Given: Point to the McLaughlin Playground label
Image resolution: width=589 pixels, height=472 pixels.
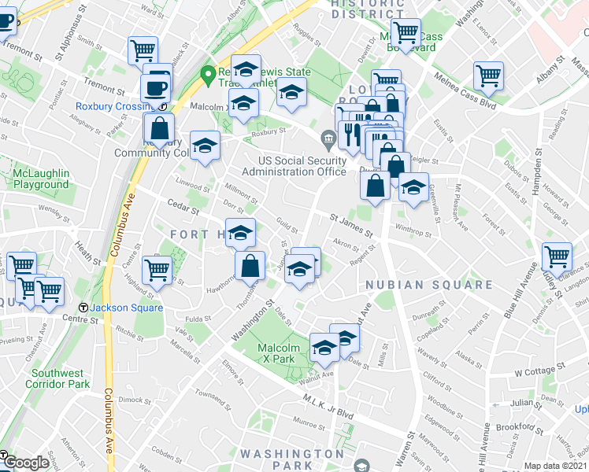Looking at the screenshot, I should pyautogui.click(x=41, y=179).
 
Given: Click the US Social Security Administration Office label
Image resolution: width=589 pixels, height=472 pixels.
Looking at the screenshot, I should pyautogui.click(x=294, y=166).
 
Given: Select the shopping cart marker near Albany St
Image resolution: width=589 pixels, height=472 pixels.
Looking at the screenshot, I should pyautogui.click(x=488, y=77).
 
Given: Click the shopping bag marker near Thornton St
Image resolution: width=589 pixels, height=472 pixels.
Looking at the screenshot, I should pyautogui.click(x=250, y=265).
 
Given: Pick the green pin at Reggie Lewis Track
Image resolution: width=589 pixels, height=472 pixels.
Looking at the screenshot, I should pyautogui.click(x=209, y=76).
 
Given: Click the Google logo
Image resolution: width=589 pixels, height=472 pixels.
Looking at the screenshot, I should pyautogui.click(x=26, y=463).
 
